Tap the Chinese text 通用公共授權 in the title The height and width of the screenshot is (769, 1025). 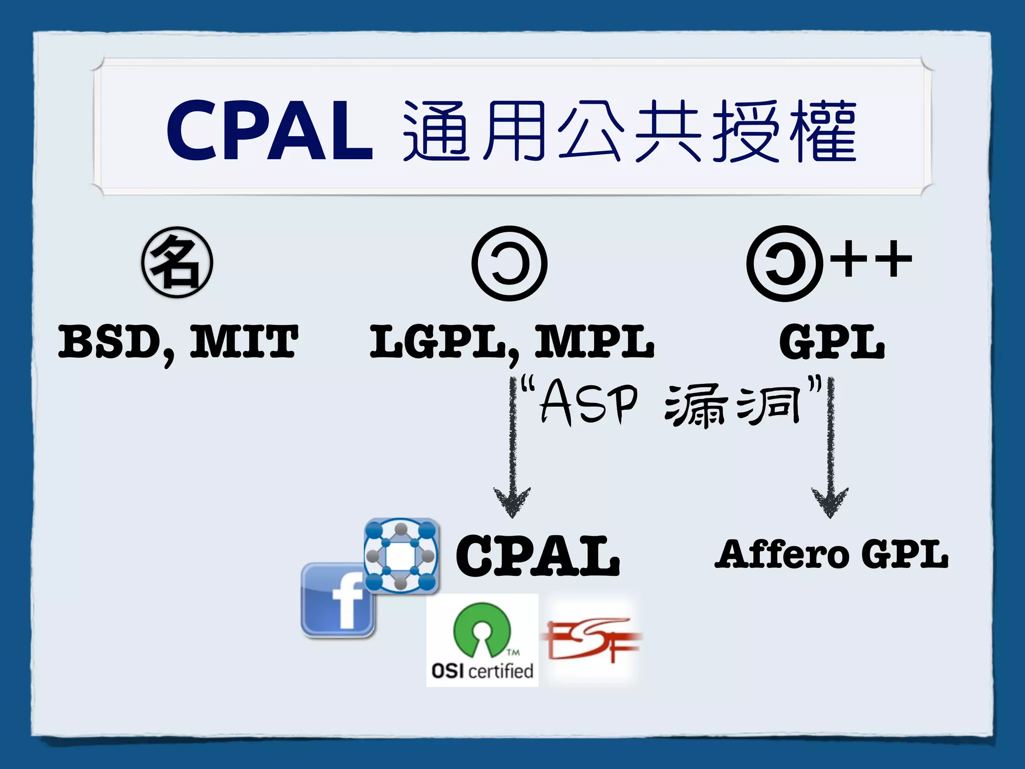(x=630, y=131)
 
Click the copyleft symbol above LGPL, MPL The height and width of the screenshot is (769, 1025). (x=509, y=263)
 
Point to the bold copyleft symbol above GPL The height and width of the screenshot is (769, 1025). (x=784, y=263)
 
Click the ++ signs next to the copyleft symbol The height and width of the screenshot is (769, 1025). (x=871, y=259)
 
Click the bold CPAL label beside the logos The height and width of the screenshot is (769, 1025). (x=538, y=555)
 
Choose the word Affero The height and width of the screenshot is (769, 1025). (x=781, y=554)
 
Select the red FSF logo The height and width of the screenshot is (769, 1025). (x=591, y=640)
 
